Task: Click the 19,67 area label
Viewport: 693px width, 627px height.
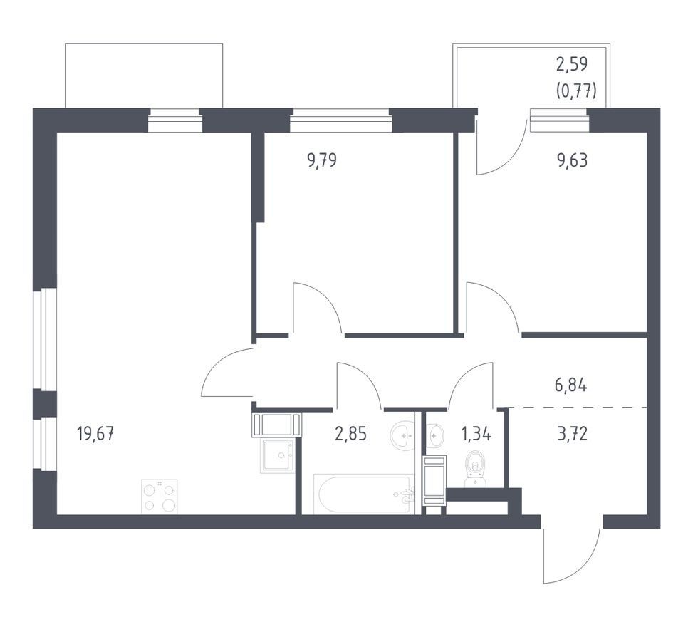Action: [95, 434]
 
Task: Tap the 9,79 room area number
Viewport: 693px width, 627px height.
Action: [322, 160]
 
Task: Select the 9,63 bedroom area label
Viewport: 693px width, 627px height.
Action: [573, 160]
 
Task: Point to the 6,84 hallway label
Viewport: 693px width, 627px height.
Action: [571, 385]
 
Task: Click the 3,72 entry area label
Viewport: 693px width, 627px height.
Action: [573, 434]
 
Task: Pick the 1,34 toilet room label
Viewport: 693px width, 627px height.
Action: [476, 434]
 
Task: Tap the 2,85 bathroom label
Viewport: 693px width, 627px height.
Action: [351, 434]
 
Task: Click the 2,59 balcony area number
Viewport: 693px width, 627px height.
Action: [572, 64]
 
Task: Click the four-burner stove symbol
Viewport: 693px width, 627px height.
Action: [159, 497]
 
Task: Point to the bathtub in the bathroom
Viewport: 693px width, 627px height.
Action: [364, 494]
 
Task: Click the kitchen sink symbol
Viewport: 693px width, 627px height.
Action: [277, 456]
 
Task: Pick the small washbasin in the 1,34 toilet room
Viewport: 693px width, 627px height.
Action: [434, 435]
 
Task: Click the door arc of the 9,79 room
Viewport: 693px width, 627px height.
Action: [325, 296]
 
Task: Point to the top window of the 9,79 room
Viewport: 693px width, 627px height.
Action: [340, 120]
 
